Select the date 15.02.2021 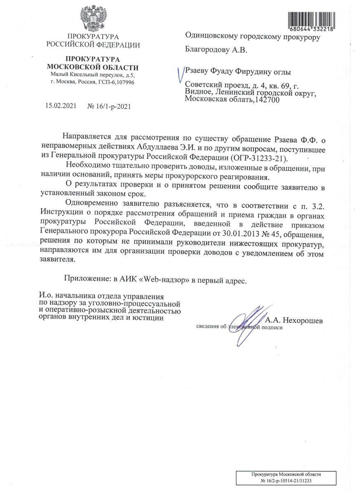[61, 106]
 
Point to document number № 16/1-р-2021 [110, 106]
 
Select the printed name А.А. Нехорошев [294, 320]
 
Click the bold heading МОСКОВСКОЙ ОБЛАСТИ [93, 67]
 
